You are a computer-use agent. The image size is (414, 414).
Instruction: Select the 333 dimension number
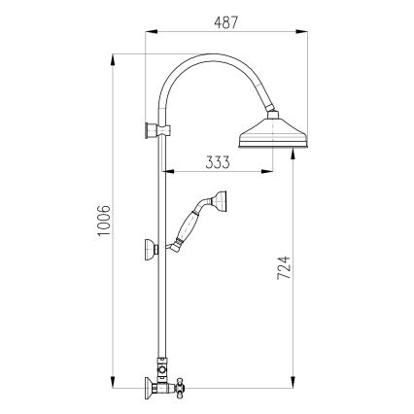(218, 162)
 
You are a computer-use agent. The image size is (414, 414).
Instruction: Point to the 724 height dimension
(282, 266)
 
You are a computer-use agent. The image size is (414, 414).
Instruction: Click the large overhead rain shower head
(264, 133)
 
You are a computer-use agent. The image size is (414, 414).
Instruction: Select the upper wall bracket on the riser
(152, 130)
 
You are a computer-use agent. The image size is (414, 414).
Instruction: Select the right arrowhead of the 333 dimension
(270, 175)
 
